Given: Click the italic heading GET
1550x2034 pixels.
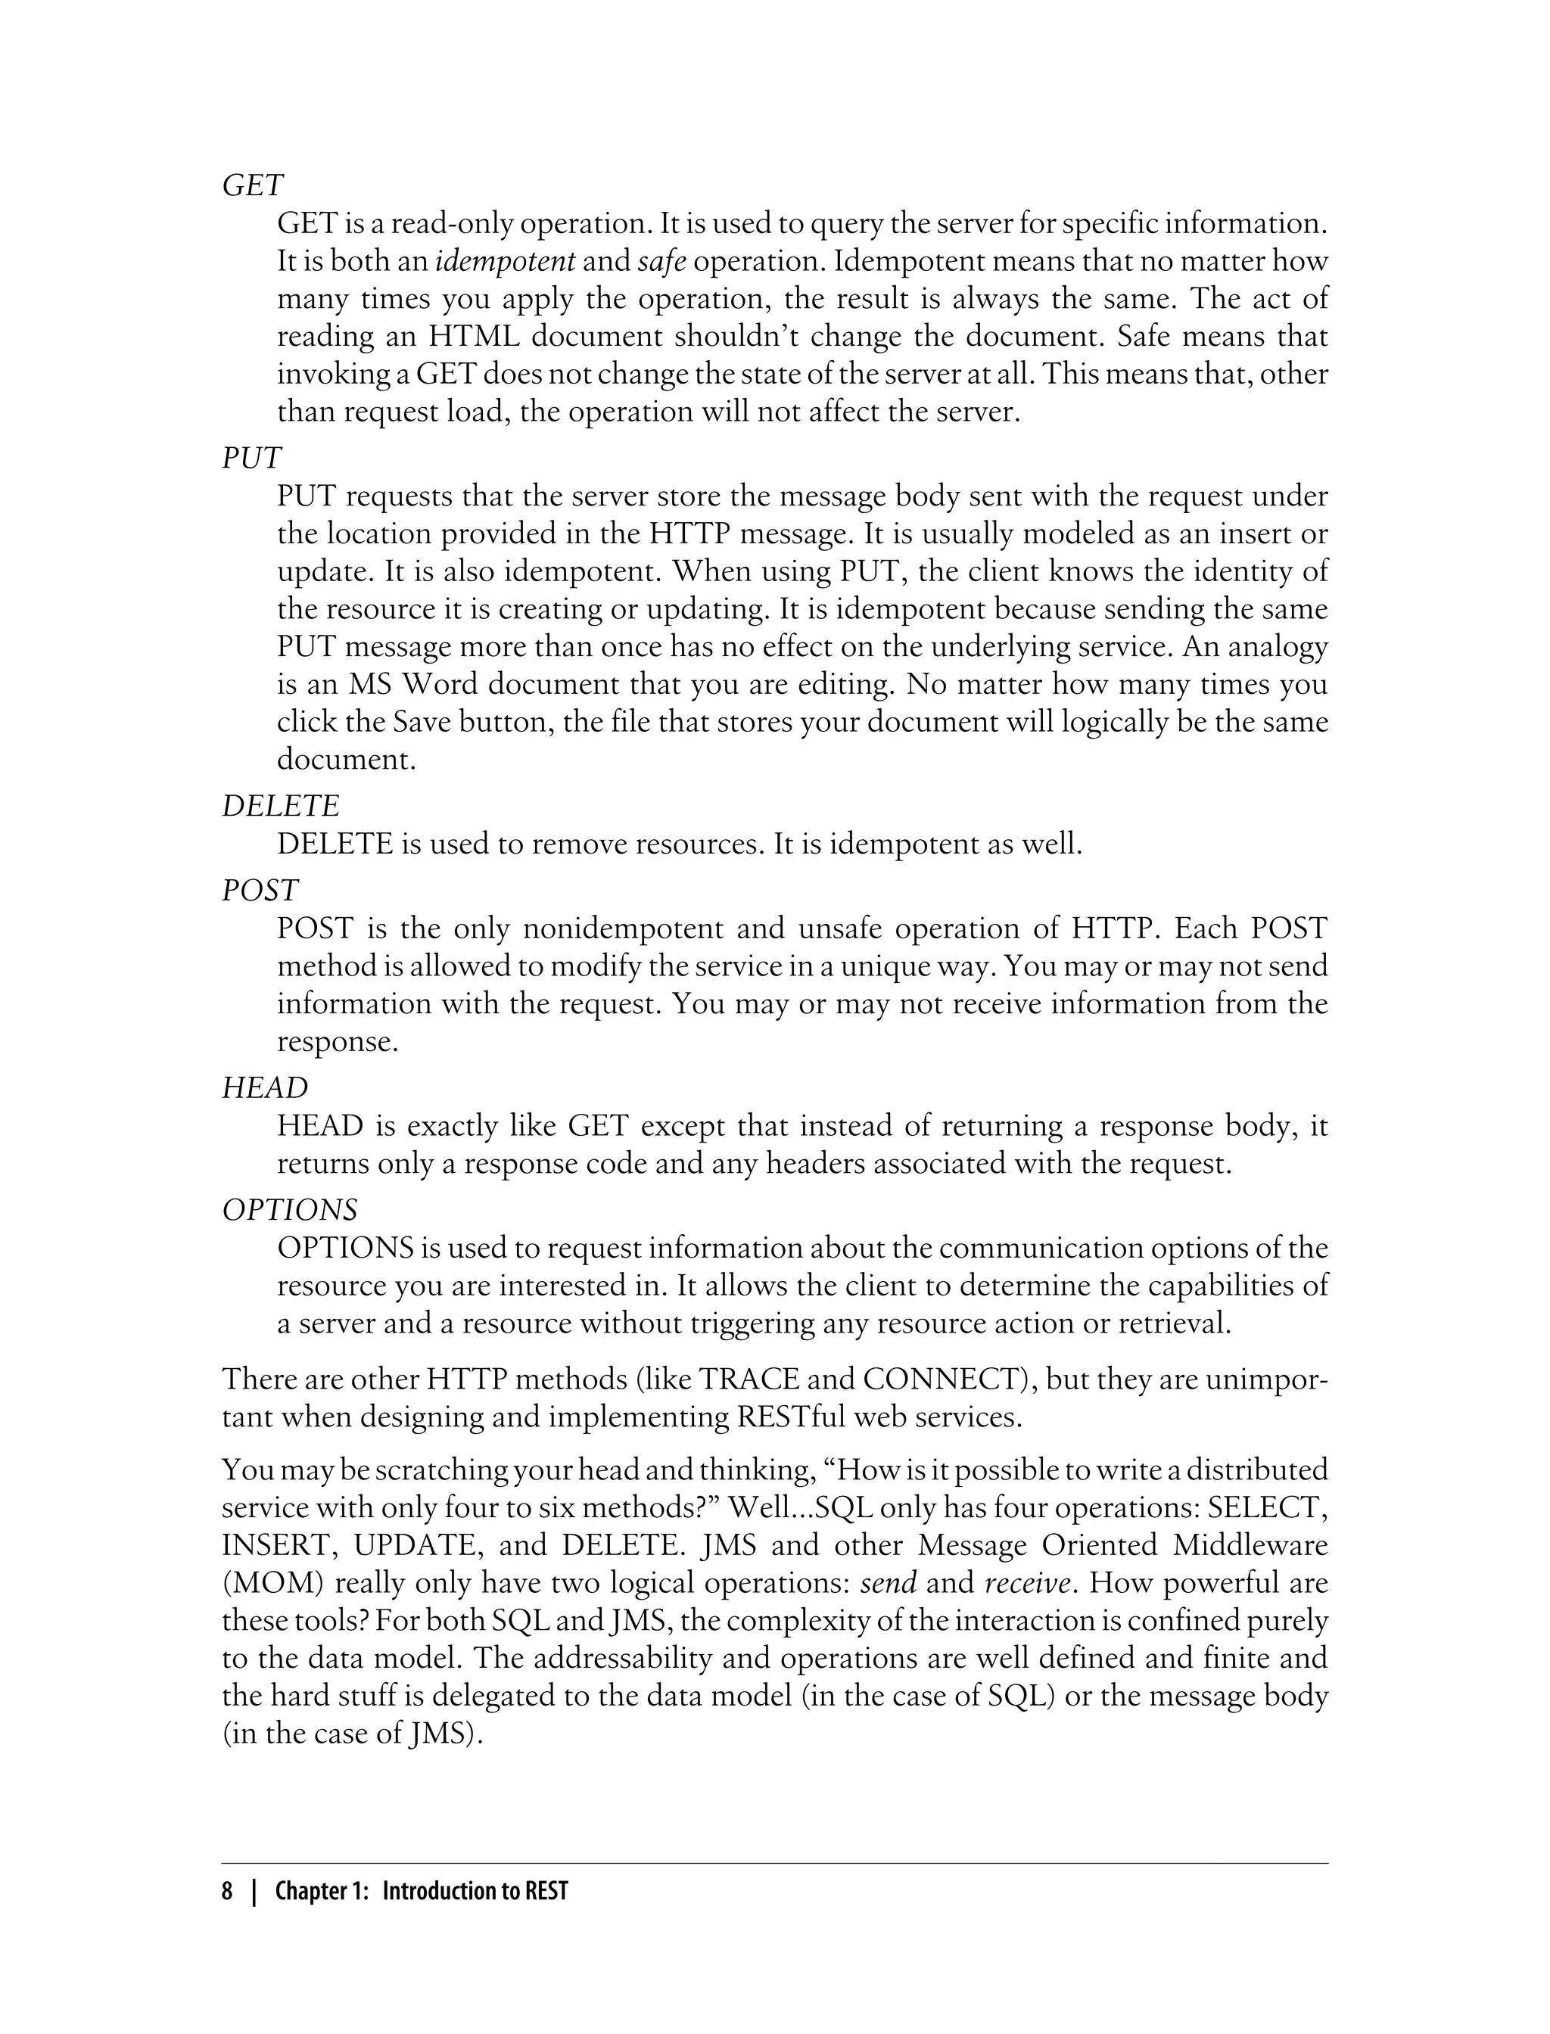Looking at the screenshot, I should click(x=253, y=186).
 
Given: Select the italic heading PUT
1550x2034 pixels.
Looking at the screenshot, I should click(x=251, y=459).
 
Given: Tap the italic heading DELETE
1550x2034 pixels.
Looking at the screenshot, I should click(x=281, y=806).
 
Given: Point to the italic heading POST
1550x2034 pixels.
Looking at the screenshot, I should click(x=260, y=890).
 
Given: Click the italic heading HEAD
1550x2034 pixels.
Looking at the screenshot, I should click(x=265, y=1088).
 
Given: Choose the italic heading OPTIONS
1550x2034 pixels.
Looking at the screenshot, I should click(x=290, y=1209).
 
